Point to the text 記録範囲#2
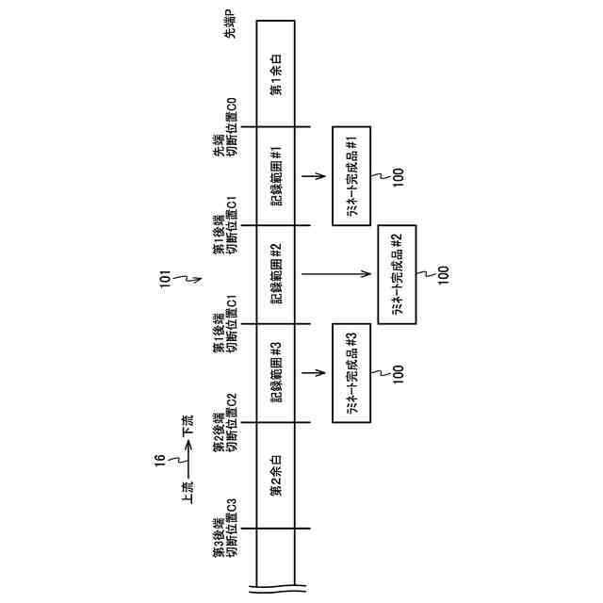(276, 274)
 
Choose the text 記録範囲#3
(276, 372)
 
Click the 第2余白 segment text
(276, 477)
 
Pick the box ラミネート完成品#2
(397, 274)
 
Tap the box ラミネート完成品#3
(350, 372)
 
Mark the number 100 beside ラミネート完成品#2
(444, 274)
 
